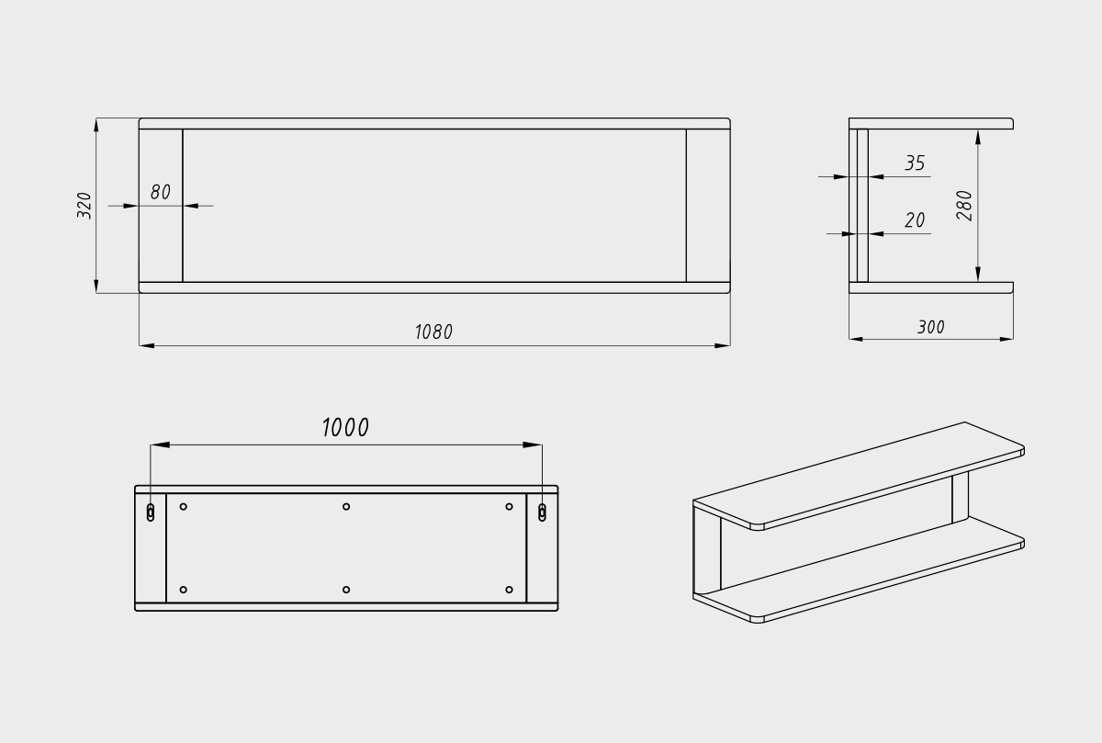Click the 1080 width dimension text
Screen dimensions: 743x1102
click(x=433, y=332)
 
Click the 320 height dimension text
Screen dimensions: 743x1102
click(x=84, y=205)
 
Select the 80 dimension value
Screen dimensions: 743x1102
click(x=161, y=193)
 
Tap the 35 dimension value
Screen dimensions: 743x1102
click(x=915, y=163)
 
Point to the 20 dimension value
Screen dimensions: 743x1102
click(x=915, y=220)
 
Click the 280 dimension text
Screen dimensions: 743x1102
click(x=964, y=205)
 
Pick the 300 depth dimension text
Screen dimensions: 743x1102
click(x=930, y=327)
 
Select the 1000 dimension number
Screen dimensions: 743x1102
click(x=345, y=428)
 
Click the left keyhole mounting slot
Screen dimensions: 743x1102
click(x=151, y=512)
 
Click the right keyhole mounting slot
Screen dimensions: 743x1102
click(x=542, y=512)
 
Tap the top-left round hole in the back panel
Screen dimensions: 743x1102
click(x=184, y=506)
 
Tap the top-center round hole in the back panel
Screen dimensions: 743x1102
click(x=346, y=506)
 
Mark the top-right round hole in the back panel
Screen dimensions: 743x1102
click(x=509, y=506)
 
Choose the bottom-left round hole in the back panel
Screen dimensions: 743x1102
click(x=184, y=590)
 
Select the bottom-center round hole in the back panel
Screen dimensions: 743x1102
click(x=346, y=590)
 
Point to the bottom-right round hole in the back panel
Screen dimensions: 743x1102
click(x=509, y=590)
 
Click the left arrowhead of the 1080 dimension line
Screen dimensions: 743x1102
click(x=146, y=345)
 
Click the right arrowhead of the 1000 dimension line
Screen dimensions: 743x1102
click(x=534, y=445)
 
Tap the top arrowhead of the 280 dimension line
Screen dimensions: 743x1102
click(x=978, y=137)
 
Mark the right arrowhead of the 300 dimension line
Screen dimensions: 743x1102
click(x=1006, y=339)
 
